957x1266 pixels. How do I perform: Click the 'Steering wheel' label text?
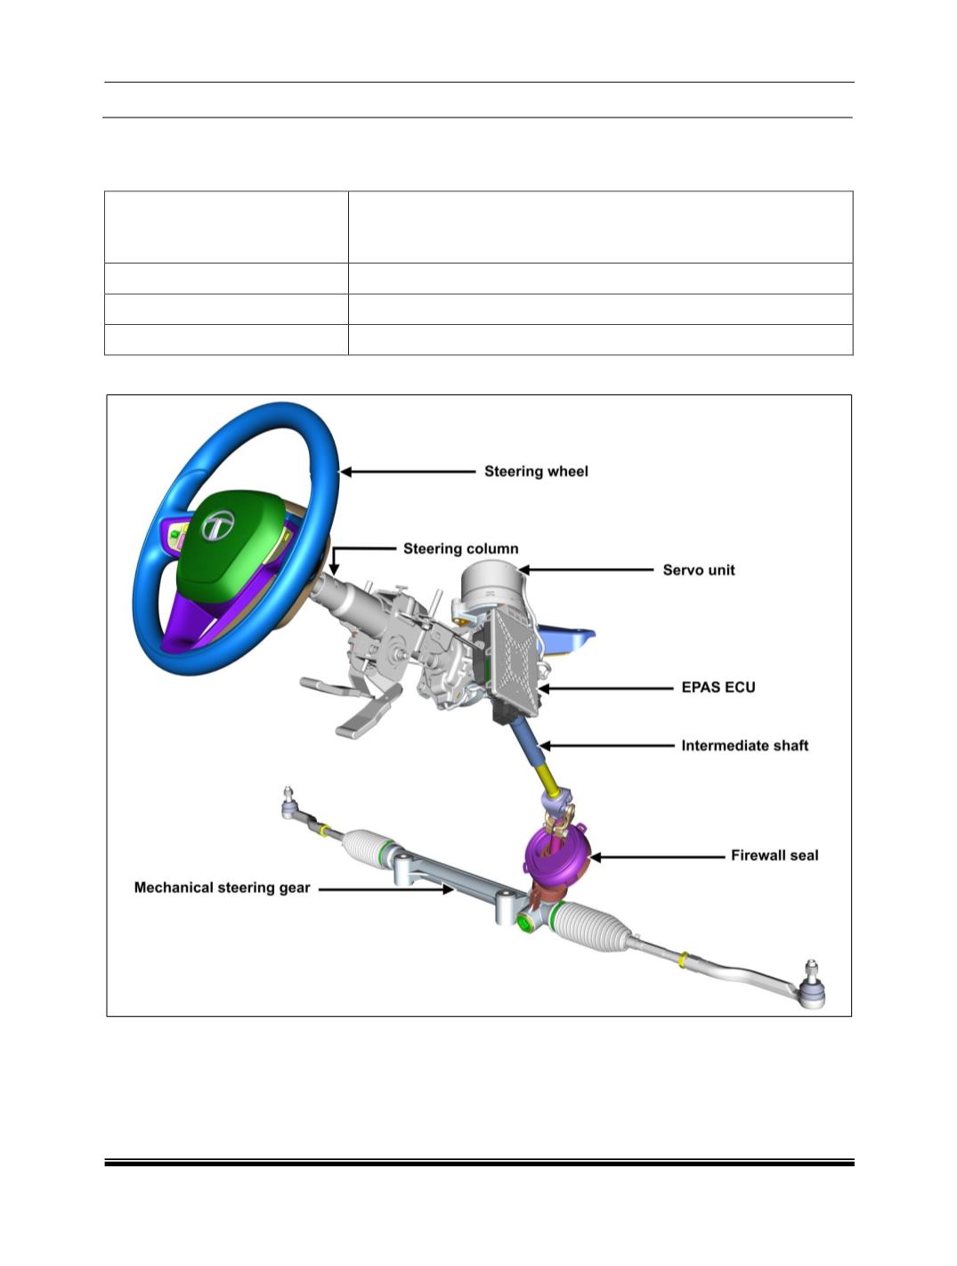click(x=536, y=471)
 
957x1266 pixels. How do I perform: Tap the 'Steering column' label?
click(x=460, y=548)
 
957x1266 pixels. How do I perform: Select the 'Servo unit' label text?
click(x=699, y=570)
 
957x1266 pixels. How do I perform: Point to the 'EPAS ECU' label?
click(x=718, y=687)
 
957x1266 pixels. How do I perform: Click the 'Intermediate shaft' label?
click(x=745, y=746)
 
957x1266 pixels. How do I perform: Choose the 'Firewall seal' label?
click(x=775, y=856)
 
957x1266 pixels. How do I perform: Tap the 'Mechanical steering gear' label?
click(x=222, y=888)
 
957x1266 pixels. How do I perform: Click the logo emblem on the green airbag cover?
click(x=217, y=525)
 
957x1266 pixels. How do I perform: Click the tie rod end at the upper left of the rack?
click(x=289, y=803)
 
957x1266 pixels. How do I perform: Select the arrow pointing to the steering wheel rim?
click(x=408, y=472)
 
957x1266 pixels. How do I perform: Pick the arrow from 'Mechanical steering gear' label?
click(x=386, y=889)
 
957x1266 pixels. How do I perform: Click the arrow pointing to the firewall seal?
click(x=657, y=857)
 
